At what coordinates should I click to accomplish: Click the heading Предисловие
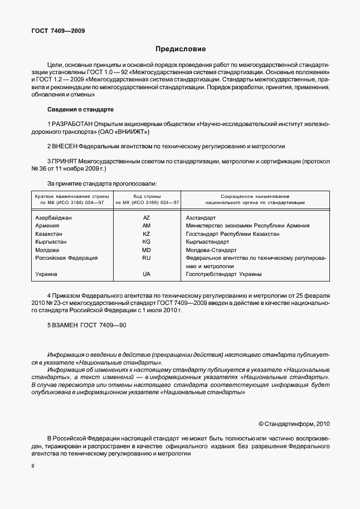coord(180,49)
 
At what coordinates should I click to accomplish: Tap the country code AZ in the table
coord(147,217)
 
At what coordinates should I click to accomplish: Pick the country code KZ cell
coord(147,234)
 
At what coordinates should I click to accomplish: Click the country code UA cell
coord(147,274)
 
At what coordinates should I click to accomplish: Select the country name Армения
coord(47,226)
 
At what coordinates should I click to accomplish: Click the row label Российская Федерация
coord(66,258)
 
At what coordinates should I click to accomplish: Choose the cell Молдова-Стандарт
coord(212,250)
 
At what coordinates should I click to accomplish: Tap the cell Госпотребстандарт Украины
coord(223,274)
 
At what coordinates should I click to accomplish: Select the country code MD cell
coord(147,250)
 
